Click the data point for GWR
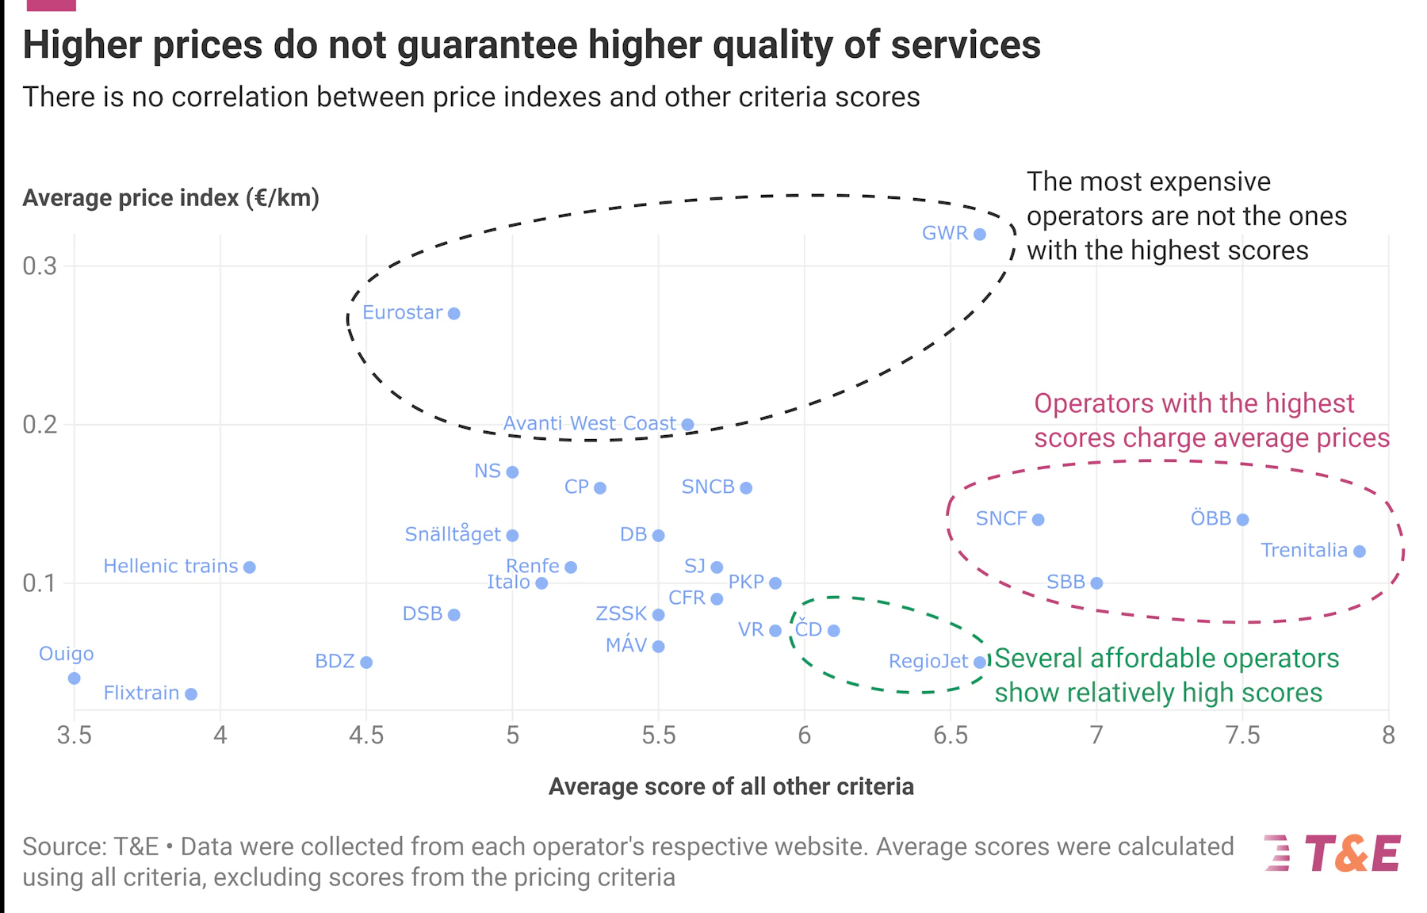coord(980,235)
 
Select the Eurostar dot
coord(454,314)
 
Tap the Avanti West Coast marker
coord(688,425)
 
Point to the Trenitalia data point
coord(1360,552)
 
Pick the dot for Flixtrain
coord(191,694)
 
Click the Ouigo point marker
coord(75,678)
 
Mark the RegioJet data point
coord(980,663)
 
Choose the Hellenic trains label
coord(170,567)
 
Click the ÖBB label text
coord(1211,518)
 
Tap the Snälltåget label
coord(453,534)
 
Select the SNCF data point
coord(1039,520)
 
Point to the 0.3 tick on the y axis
coord(40,266)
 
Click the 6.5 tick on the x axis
coord(951,735)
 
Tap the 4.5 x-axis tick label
coord(366,735)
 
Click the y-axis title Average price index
coord(170,198)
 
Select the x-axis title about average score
coord(731,786)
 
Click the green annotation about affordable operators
coord(1165,675)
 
